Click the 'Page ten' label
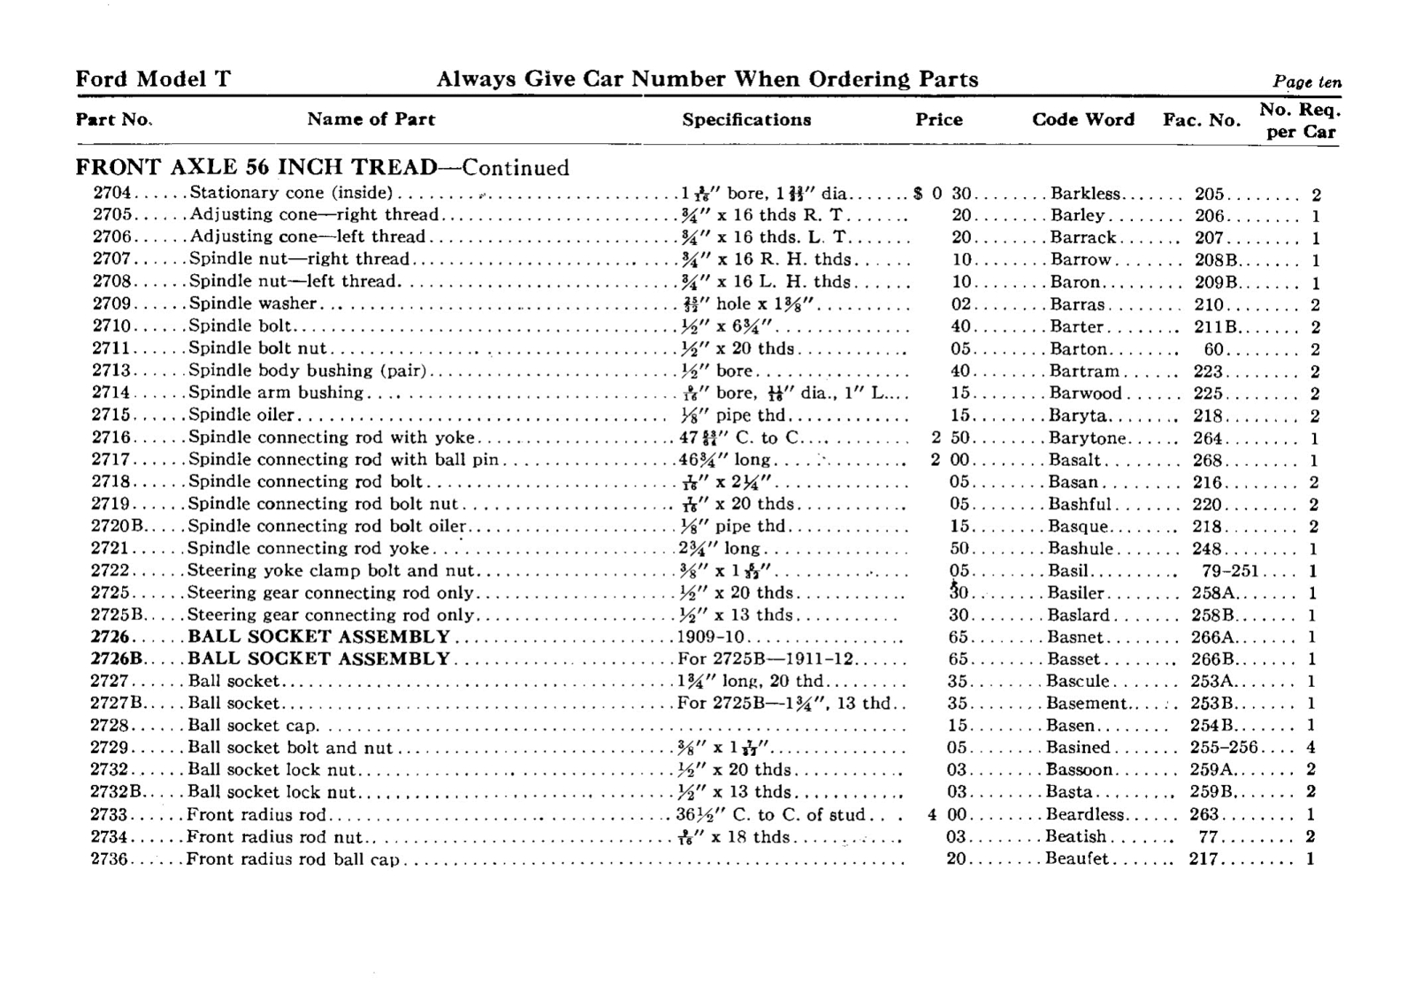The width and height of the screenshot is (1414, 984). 1307,81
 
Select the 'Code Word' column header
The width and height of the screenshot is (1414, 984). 1083,119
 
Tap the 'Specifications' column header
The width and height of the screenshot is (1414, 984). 746,119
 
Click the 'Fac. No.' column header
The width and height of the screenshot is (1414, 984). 1202,119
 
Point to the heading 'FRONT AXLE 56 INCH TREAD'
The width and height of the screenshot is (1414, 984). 256,167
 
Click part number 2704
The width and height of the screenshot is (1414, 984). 111,194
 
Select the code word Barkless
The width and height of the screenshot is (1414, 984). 1085,194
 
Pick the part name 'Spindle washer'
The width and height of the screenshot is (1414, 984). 253,304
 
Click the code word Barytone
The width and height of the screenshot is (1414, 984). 1088,438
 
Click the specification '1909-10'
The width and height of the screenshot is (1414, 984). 713,637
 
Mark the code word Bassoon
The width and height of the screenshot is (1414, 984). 1080,770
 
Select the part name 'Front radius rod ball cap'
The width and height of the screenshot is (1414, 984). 294,859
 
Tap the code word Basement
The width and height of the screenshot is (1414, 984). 1087,704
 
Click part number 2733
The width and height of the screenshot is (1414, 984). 110,815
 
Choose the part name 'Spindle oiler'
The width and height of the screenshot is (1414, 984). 241,416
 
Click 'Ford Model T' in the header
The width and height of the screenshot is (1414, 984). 153,80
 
